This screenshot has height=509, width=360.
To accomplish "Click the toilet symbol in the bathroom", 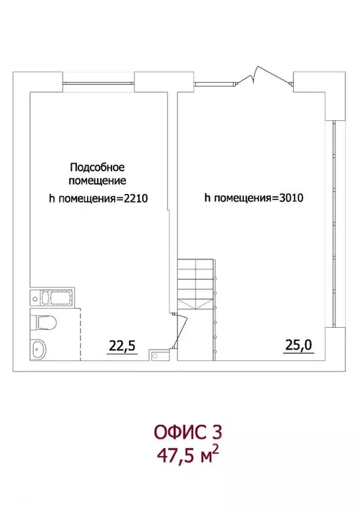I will coord(44,323).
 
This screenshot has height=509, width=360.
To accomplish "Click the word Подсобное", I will coord(97,167).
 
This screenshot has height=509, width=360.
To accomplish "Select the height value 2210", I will coord(131,197).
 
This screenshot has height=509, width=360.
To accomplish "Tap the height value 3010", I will coord(288,197).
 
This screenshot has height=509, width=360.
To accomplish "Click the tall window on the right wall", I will coord(335,222).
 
